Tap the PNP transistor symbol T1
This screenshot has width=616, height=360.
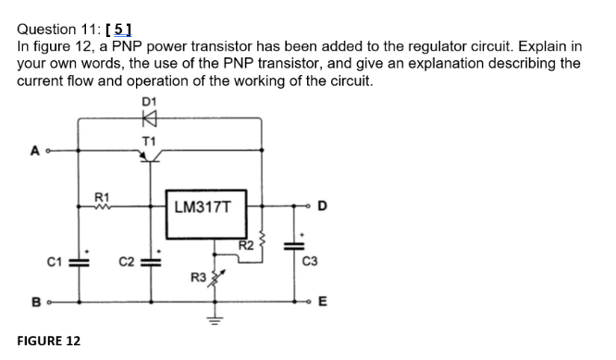click(148, 156)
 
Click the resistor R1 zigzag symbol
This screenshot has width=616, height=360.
click(104, 205)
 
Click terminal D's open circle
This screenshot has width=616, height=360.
click(311, 205)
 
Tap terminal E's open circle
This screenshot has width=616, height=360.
click(311, 301)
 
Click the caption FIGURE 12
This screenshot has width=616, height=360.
click(49, 341)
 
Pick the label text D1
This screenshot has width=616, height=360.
click(149, 99)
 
